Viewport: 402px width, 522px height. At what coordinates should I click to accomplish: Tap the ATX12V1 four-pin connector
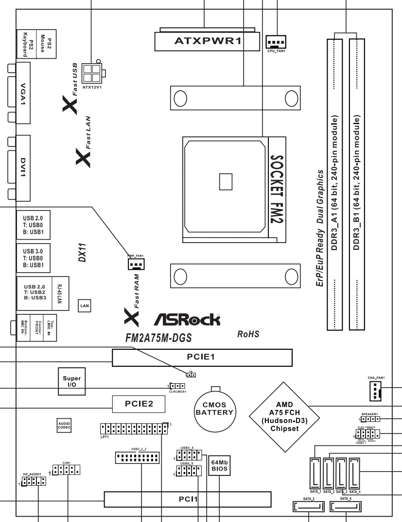pos(92,73)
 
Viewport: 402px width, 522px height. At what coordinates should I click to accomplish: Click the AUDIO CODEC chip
pos(64,424)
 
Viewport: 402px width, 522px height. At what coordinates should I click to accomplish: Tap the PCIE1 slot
pos(202,358)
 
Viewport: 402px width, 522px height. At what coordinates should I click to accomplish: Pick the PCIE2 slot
pos(139,404)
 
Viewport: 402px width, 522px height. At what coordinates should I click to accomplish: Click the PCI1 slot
pos(188,498)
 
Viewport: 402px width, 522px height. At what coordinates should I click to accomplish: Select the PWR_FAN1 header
pos(135,263)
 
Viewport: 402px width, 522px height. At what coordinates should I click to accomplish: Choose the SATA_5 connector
pos(308,507)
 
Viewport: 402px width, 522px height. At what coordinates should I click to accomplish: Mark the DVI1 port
pos(23,167)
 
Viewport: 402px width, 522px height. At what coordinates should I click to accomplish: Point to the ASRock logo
pos(187,320)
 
